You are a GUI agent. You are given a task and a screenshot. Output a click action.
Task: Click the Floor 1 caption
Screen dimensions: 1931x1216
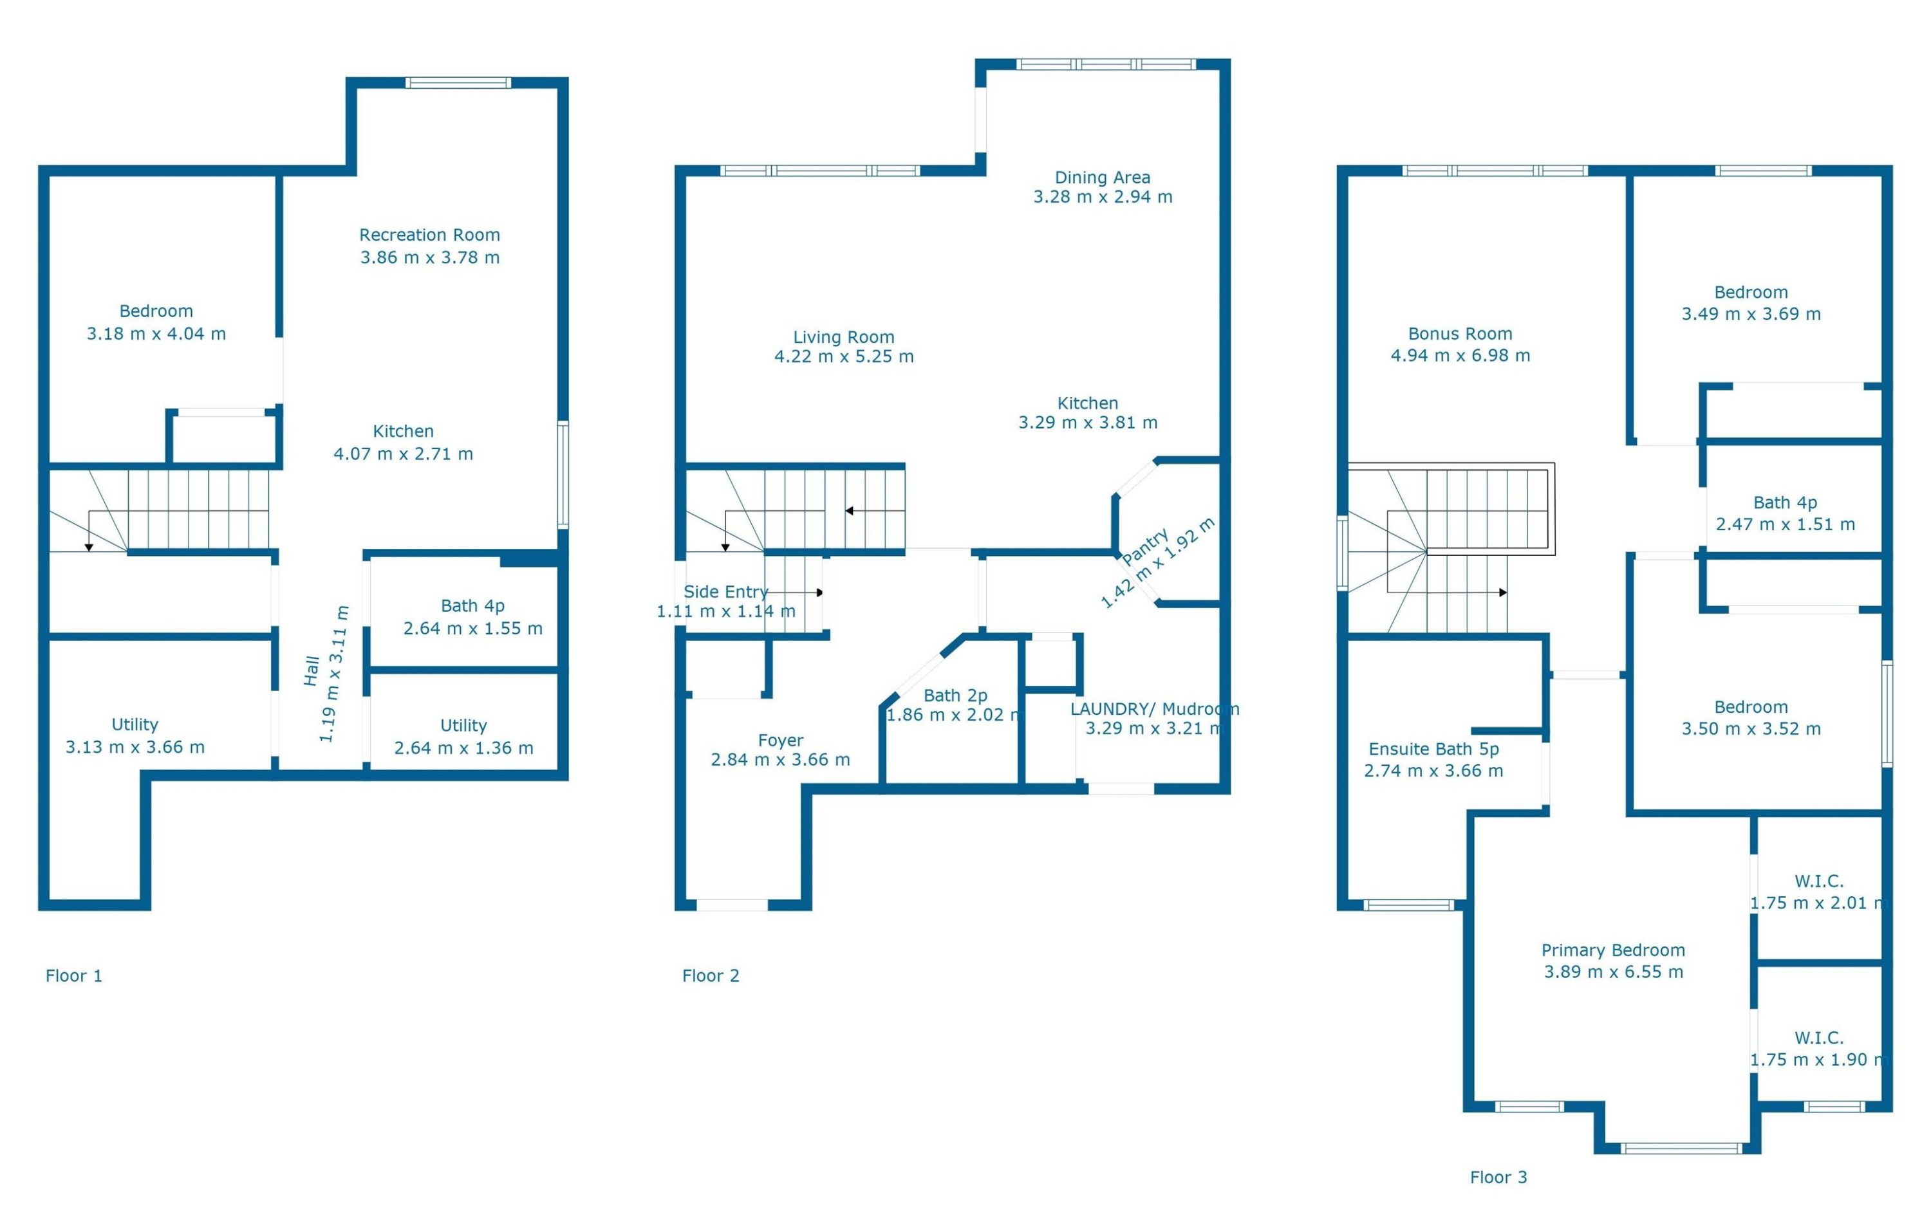[74, 975]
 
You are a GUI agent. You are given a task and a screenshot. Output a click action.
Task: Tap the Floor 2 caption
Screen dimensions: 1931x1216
[711, 975]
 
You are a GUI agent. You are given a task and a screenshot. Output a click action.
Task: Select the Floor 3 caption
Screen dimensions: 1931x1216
[1498, 1177]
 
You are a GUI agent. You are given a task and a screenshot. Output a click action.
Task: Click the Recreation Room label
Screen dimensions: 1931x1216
[429, 235]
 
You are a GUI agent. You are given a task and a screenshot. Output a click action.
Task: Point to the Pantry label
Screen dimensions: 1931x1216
[1145, 547]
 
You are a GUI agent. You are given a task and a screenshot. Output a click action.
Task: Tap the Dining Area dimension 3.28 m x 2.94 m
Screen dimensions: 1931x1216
[1103, 196]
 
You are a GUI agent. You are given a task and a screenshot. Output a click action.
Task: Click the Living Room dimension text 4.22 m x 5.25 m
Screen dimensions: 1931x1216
[844, 356]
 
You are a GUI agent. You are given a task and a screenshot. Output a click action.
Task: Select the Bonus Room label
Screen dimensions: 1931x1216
[1460, 333]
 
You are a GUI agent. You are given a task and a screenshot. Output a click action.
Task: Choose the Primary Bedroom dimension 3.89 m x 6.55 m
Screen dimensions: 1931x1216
[1614, 972]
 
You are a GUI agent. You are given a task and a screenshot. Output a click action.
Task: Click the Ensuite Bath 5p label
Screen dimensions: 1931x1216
[1434, 749]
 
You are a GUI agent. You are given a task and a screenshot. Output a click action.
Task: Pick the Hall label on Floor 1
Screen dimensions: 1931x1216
[312, 671]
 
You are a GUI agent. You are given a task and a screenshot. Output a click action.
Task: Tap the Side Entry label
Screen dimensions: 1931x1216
[725, 591]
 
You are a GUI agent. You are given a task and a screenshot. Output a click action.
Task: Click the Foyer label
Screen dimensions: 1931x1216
[780, 740]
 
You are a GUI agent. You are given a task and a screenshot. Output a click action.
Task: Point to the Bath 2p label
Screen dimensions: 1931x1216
[955, 695]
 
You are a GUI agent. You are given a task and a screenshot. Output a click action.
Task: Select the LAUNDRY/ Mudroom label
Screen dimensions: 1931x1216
[1155, 708]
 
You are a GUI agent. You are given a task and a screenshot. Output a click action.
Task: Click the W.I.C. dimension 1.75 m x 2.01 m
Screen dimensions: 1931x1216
[1819, 903]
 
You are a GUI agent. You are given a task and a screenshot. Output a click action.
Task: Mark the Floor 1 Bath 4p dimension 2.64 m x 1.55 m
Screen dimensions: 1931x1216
[472, 629]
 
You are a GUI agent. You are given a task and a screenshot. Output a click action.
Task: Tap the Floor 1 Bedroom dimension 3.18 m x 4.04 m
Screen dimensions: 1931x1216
[156, 333]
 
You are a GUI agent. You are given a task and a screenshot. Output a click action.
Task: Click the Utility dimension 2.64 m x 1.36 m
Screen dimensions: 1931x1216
[463, 748]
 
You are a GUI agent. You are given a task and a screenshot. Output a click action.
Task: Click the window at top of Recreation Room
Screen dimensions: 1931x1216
[458, 82]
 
